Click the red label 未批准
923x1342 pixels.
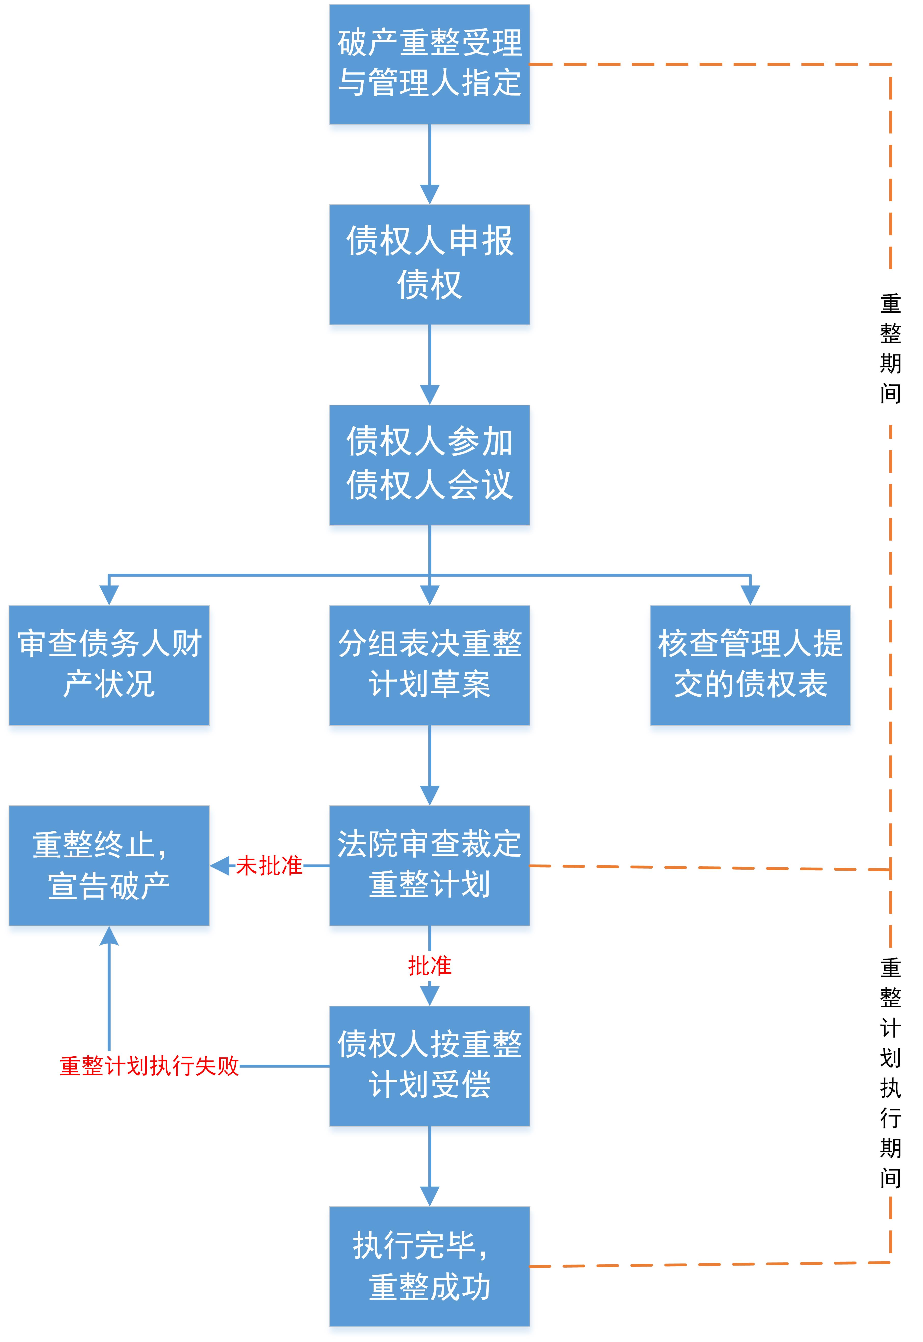coord(269,866)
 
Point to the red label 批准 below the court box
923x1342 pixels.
coord(430,966)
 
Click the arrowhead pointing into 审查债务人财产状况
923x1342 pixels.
coord(109,595)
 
